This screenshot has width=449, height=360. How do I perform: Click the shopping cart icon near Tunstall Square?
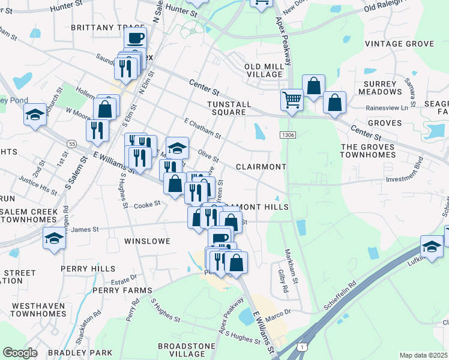[x=292, y=100]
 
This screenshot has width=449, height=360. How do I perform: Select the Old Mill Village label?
[x=264, y=70]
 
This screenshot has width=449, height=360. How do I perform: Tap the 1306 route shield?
[x=286, y=136]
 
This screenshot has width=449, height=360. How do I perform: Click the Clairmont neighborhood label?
[x=261, y=166]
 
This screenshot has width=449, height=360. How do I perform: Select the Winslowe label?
[x=147, y=241]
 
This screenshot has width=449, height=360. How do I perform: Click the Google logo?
[x=20, y=353]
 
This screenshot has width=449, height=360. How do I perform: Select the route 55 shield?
[x=71, y=144]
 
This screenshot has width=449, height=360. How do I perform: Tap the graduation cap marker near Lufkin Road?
[x=432, y=245]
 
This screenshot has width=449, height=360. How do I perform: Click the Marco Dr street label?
[x=279, y=313]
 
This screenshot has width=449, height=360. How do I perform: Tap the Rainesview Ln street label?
[x=391, y=108]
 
